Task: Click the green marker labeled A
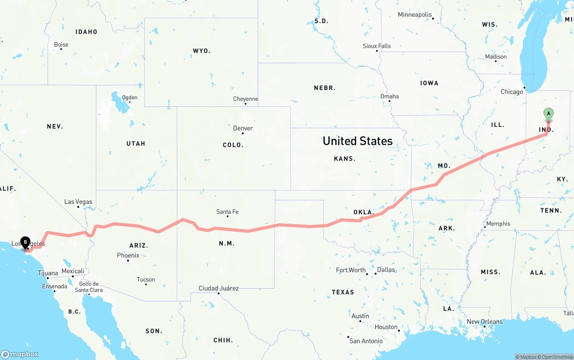(x=548, y=114)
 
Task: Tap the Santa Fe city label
(x=227, y=212)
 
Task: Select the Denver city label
(x=243, y=128)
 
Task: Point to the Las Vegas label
(x=78, y=202)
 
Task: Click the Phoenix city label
(x=128, y=256)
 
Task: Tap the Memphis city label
(x=498, y=224)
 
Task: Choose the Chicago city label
(x=512, y=92)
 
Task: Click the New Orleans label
(x=485, y=322)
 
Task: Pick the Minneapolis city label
(x=414, y=15)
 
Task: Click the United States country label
(x=357, y=141)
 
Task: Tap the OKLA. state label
(x=363, y=212)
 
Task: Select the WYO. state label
(x=201, y=51)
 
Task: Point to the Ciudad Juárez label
(x=218, y=288)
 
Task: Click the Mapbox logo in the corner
(x=20, y=354)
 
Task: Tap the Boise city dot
(x=61, y=48)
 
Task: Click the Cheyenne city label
(x=245, y=99)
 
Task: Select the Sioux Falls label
(x=377, y=46)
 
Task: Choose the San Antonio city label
(x=366, y=341)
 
